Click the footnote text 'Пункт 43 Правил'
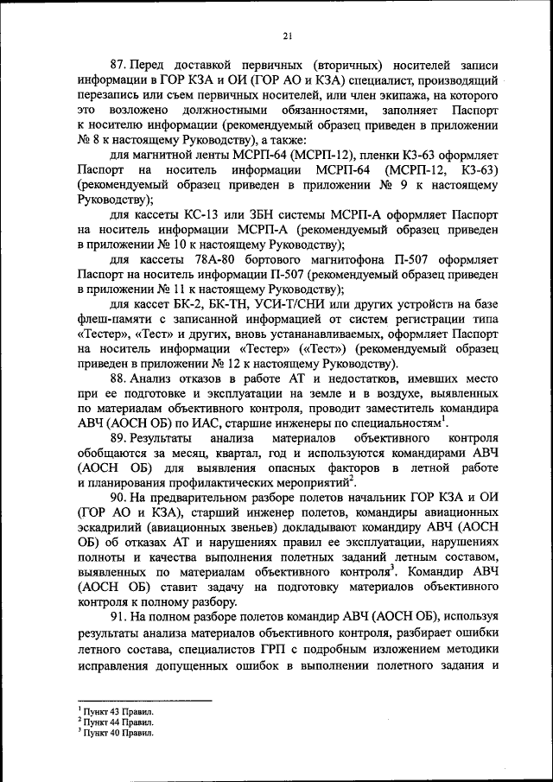(116, 710)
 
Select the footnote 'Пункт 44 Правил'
(116, 721)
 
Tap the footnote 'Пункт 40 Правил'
(116, 732)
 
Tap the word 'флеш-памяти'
(111, 319)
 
